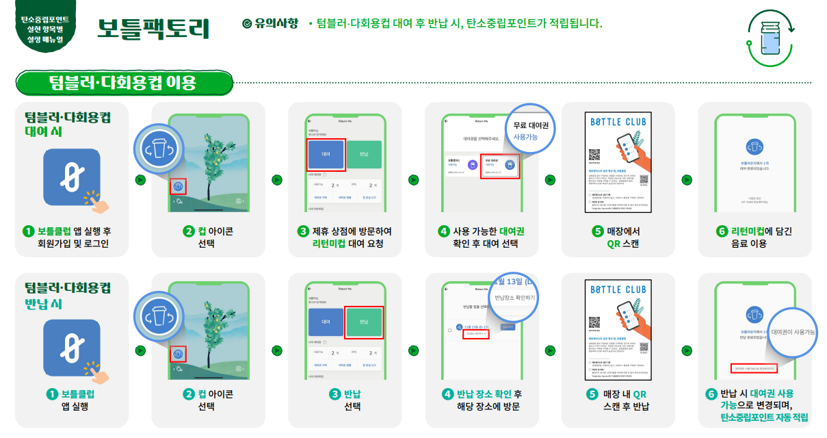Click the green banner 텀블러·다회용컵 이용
coord(123,83)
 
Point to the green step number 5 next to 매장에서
coord(597,231)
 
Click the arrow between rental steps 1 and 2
coord(140,180)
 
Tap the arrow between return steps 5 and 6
coord(687,350)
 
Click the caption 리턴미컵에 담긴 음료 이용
coord(754,237)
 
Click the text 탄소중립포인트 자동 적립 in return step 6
coord(763,417)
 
